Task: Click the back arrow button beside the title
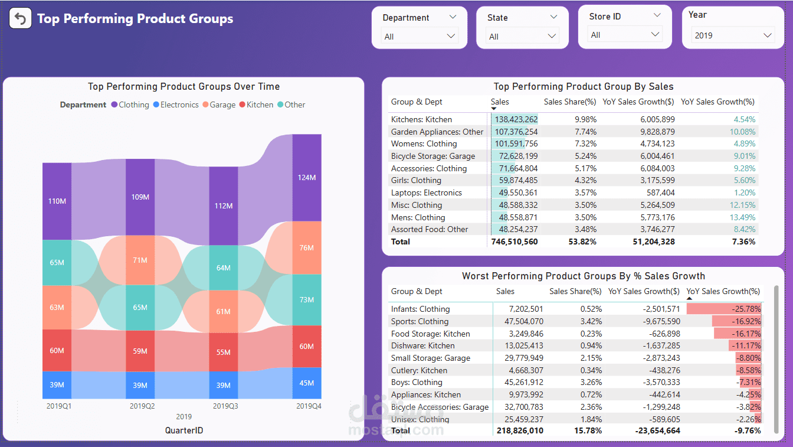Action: pyautogui.click(x=21, y=19)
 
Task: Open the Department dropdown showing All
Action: pyautogui.click(x=420, y=37)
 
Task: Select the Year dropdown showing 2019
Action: pyautogui.click(x=733, y=35)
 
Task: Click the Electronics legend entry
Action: pyautogui.click(x=175, y=105)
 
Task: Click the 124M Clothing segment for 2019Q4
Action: pyautogui.click(x=307, y=178)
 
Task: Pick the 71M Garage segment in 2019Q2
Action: pyautogui.click(x=140, y=260)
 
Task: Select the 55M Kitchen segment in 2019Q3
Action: pyautogui.click(x=223, y=353)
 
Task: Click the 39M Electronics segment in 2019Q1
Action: pyautogui.click(x=57, y=385)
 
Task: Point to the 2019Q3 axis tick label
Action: pyautogui.click(x=225, y=406)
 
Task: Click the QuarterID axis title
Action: pyautogui.click(x=183, y=430)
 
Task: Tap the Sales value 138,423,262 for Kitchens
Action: pyautogui.click(x=515, y=119)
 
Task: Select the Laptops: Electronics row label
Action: pyautogui.click(x=426, y=192)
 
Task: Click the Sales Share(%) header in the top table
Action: pyautogui.click(x=570, y=102)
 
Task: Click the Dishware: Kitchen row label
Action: pyautogui.click(x=422, y=345)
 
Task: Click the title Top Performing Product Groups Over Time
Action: pyautogui.click(x=183, y=86)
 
